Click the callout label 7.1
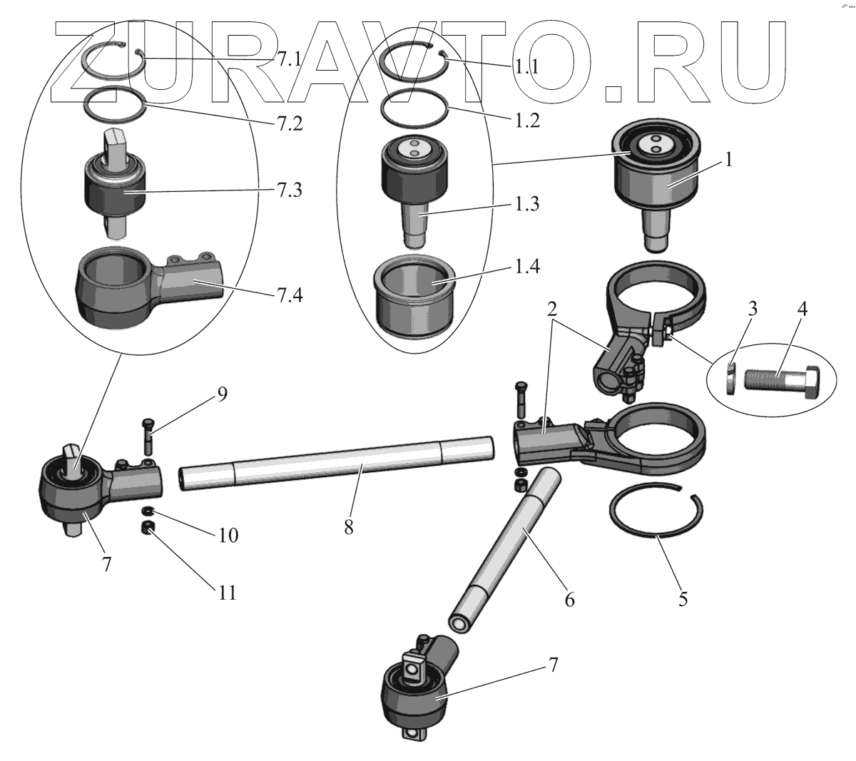click(x=290, y=59)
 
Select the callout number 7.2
click(x=290, y=123)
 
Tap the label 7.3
click(x=290, y=190)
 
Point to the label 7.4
click(x=290, y=295)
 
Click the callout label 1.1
click(x=527, y=67)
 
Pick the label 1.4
click(x=527, y=267)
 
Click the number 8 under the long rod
click(x=349, y=527)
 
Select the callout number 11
click(x=227, y=593)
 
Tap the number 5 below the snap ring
click(x=683, y=599)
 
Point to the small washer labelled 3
click(x=730, y=378)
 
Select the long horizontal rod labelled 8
click(x=337, y=463)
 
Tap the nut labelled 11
click(x=148, y=527)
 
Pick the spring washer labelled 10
click(x=148, y=511)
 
